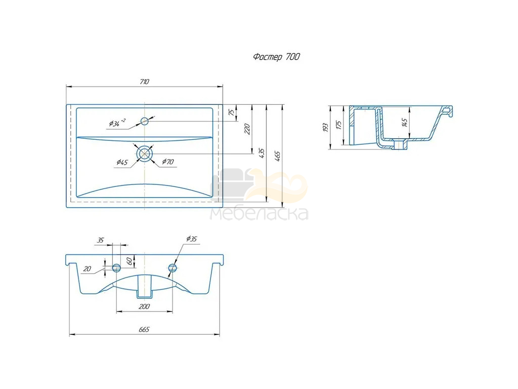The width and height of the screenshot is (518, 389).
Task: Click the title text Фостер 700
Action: [x=277, y=57]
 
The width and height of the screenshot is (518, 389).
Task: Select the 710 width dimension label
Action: [x=144, y=82]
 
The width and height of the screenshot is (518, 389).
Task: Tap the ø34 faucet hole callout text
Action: [x=117, y=123]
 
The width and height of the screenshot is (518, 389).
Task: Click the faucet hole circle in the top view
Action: [x=145, y=121]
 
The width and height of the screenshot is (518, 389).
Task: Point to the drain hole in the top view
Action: [x=144, y=153]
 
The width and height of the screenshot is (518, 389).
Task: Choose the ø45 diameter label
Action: [x=122, y=162]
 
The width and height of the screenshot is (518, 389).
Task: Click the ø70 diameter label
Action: [x=168, y=162]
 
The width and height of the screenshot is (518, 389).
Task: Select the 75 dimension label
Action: [x=233, y=112]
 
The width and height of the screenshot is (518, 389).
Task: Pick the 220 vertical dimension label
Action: [x=247, y=129]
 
